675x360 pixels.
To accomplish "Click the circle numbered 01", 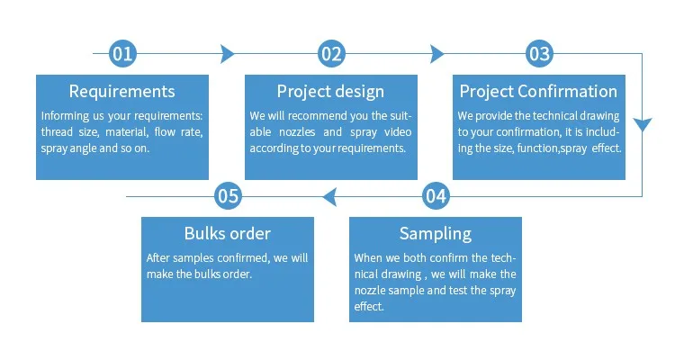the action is (122, 54).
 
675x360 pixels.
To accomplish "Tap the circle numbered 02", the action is (331, 54).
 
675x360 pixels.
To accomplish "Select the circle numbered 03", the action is (539, 54).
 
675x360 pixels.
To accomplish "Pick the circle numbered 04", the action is (436, 196).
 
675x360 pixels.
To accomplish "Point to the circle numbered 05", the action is (228, 196).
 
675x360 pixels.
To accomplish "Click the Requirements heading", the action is (122, 91).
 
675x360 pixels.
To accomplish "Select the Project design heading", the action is (330, 92).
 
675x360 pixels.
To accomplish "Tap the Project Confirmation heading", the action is (538, 92).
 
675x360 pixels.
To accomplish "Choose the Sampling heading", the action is (436, 234).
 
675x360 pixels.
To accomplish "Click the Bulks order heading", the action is (228, 233).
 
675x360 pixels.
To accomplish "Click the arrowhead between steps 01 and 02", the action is (228, 54).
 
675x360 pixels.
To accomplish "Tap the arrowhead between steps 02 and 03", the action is (436, 54).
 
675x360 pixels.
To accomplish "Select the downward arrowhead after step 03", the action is (643, 124).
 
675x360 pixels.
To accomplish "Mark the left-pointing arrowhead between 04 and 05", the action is (329, 197).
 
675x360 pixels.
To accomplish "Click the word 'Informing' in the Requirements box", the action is (59, 116).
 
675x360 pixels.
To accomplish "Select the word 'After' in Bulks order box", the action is (156, 258).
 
